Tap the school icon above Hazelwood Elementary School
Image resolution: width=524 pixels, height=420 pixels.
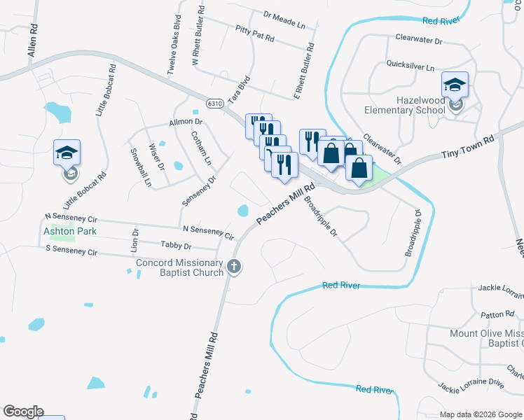(455, 85)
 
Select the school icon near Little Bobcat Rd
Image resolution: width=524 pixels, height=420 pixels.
(67, 153)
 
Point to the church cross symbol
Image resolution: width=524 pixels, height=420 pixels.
(234, 266)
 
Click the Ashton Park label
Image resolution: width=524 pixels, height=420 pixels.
(69, 231)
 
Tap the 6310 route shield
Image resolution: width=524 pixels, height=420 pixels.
(215, 103)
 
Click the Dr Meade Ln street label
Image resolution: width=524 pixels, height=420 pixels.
(285, 20)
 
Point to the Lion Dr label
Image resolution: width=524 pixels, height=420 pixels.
(135, 239)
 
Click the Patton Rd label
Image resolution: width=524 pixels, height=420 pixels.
(498, 316)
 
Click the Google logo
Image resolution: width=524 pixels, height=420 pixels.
(23, 412)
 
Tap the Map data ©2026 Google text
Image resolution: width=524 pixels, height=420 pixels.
(480, 414)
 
